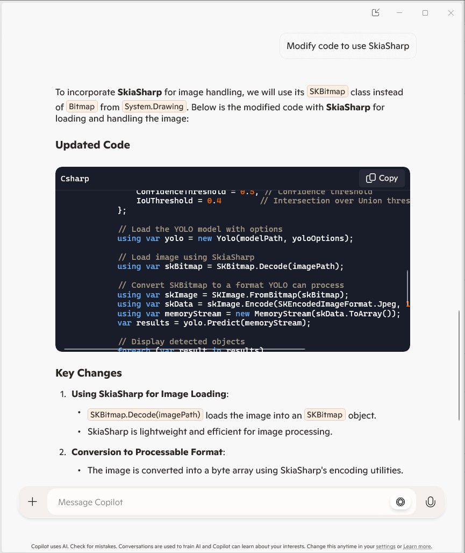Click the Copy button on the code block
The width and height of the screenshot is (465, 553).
382,178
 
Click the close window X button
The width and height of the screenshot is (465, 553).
451,13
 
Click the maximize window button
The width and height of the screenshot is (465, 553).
425,13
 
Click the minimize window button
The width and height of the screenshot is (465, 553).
399,13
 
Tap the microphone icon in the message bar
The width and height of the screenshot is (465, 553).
430,502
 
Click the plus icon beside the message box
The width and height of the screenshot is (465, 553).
33,502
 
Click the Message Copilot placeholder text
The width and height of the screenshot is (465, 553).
90,502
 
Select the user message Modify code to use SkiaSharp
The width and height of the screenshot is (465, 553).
348,46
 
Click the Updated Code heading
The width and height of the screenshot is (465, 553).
92,145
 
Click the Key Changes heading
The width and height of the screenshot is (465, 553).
89,373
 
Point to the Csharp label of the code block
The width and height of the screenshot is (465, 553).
75,179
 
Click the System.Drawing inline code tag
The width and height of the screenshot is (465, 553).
154,107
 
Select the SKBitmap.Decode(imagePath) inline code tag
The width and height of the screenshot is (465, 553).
145,415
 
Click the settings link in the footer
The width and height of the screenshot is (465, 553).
385,547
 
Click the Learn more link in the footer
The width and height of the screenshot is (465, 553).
417,547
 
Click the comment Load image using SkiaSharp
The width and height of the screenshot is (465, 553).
186,257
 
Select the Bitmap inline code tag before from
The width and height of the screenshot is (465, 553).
82,107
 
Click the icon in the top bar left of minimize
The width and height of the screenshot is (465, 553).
376,13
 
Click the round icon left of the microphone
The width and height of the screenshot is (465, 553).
400,502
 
